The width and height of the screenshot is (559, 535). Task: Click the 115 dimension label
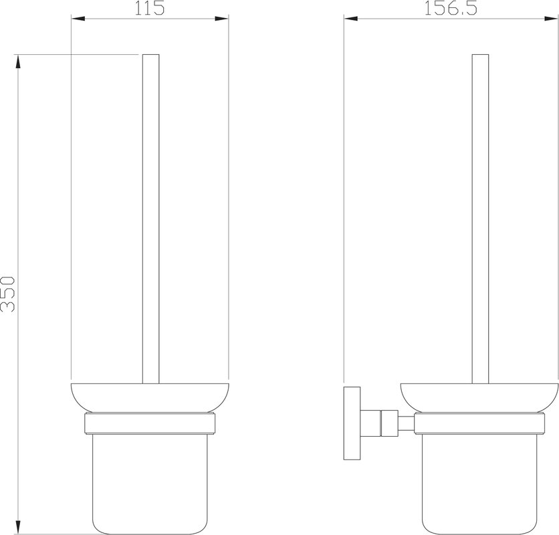(149, 8)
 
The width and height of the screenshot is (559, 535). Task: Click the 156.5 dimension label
(450, 8)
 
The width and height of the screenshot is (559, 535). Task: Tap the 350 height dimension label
(8, 294)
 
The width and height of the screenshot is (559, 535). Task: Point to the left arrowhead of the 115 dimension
(78, 19)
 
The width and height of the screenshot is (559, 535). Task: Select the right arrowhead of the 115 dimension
(221, 19)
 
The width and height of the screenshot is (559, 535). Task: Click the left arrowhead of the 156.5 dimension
(351, 19)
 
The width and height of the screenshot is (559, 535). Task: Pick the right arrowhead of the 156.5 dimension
(552, 19)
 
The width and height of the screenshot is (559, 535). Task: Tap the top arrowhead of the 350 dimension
(18, 62)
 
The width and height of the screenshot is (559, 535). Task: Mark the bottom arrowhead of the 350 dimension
(18, 527)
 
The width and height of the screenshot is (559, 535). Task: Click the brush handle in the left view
(151, 219)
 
